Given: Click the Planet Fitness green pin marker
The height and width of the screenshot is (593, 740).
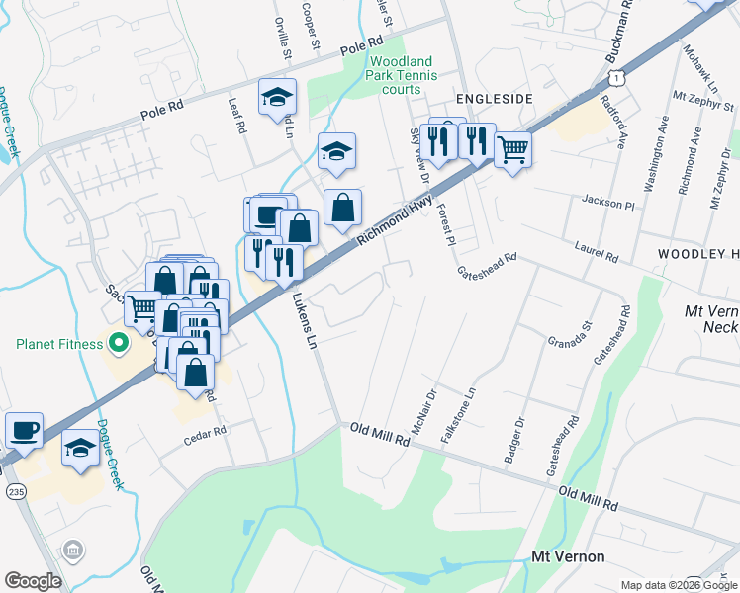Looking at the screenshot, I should (x=118, y=344).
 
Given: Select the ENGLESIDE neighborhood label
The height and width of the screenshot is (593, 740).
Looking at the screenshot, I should (x=495, y=99).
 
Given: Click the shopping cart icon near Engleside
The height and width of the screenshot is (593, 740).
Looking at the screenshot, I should (x=512, y=151).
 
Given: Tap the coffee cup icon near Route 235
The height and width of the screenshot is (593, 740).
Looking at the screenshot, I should (x=24, y=431).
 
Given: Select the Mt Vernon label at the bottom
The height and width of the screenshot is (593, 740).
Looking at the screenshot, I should (x=568, y=557).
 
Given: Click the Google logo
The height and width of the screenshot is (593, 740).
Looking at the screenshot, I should (x=33, y=581).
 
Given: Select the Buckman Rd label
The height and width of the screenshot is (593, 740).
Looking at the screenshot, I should (x=619, y=30).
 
